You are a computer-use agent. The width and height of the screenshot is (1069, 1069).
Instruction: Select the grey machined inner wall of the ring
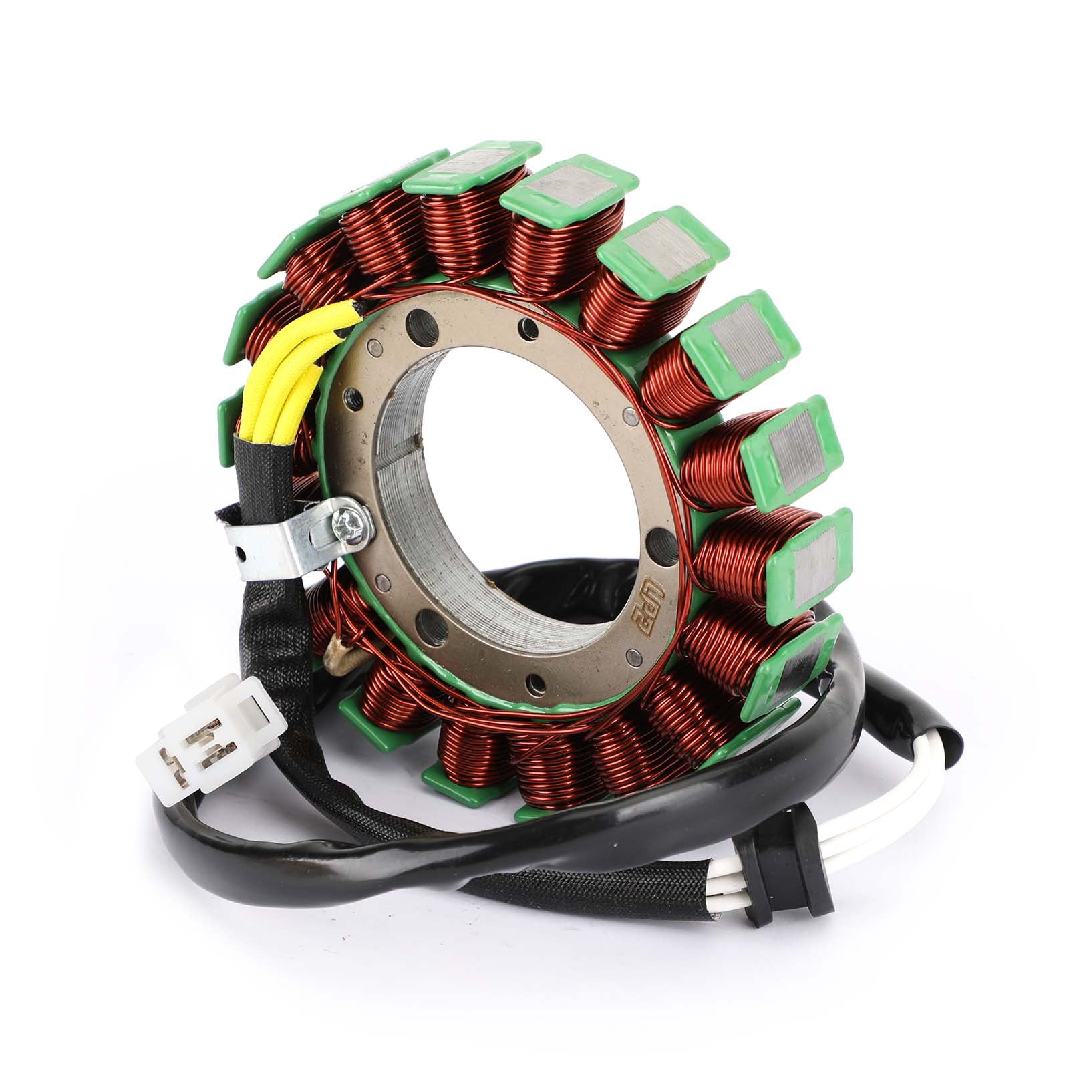pyautogui.click(x=428, y=468)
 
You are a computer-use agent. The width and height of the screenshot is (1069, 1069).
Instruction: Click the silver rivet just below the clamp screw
pyautogui.click(x=383, y=579)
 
